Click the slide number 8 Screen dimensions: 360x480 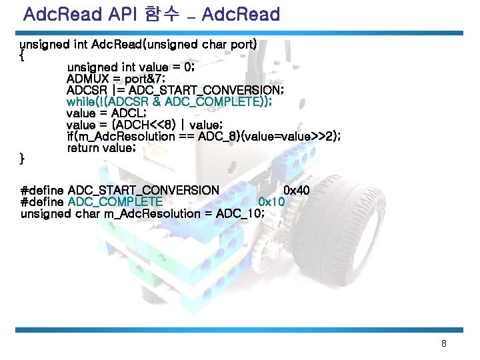click(x=443, y=344)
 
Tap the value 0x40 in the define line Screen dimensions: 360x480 click(x=297, y=191)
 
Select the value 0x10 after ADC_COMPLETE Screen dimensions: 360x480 click(x=271, y=202)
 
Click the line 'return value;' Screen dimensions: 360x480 click(x=101, y=147)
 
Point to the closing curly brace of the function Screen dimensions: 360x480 click(x=23, y=159)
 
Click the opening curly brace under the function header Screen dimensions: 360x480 click(x=23, y=56)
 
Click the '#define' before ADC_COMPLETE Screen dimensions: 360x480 click(x=43, y=202)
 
